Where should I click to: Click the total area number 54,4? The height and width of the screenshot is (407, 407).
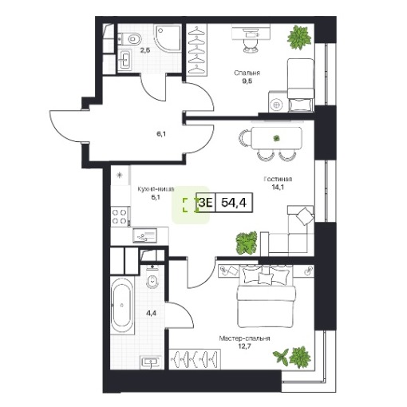click(234, 203)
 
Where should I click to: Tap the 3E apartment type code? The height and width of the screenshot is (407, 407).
click(205, 203)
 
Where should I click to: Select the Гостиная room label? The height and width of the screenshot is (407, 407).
click(278, 179)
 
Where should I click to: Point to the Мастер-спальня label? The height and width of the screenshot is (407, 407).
click(244, 338)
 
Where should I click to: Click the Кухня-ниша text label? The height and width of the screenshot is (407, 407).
click(156, 189)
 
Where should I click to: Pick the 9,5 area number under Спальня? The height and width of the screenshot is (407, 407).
click(247, 81)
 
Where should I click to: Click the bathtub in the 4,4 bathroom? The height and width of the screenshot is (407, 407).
click(122, 305)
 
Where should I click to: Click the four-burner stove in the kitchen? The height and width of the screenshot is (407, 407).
click(120, 216)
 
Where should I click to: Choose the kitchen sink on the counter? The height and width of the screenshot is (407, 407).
click(145, 235)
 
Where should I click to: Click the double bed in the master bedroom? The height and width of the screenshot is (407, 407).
click(267, 296)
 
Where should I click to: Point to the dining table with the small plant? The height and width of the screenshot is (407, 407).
click(276, 138)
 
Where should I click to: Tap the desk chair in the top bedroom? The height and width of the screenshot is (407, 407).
click(251, 45)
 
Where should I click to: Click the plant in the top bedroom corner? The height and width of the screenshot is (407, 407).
click(299, 37)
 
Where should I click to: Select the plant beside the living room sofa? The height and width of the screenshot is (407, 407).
click(247, 243)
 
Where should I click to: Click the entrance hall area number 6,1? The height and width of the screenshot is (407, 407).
click(161, 134)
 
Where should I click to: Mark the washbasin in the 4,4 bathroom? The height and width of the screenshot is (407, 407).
click(151, 362)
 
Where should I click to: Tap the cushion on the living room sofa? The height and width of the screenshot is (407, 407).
click(304, 215)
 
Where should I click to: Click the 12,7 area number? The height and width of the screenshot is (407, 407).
click(244, 346)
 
